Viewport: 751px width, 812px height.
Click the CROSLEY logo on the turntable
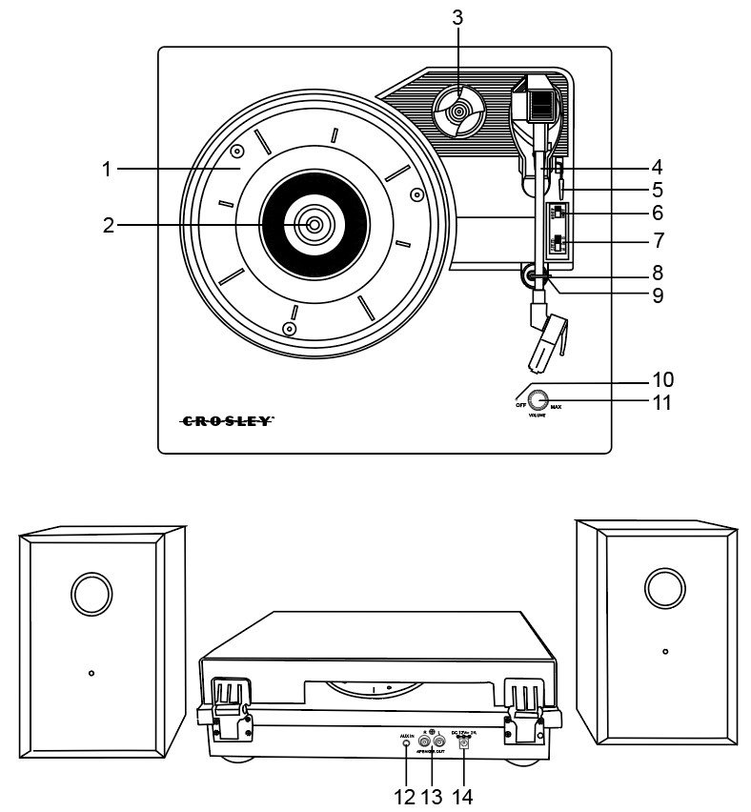click(x=227, y=419)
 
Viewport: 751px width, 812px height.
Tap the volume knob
click(x=539, y=401)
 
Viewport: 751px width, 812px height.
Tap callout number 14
click(x=463, y=795)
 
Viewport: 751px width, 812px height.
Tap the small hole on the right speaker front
click(x=664, y=652)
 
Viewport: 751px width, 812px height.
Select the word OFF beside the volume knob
click(x=520, y=406)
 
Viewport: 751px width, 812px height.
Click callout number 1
click(x=108, y=170)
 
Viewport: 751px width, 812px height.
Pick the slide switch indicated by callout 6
click(x=558, y=213)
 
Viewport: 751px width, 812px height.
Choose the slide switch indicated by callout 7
click(x=558, y=246)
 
